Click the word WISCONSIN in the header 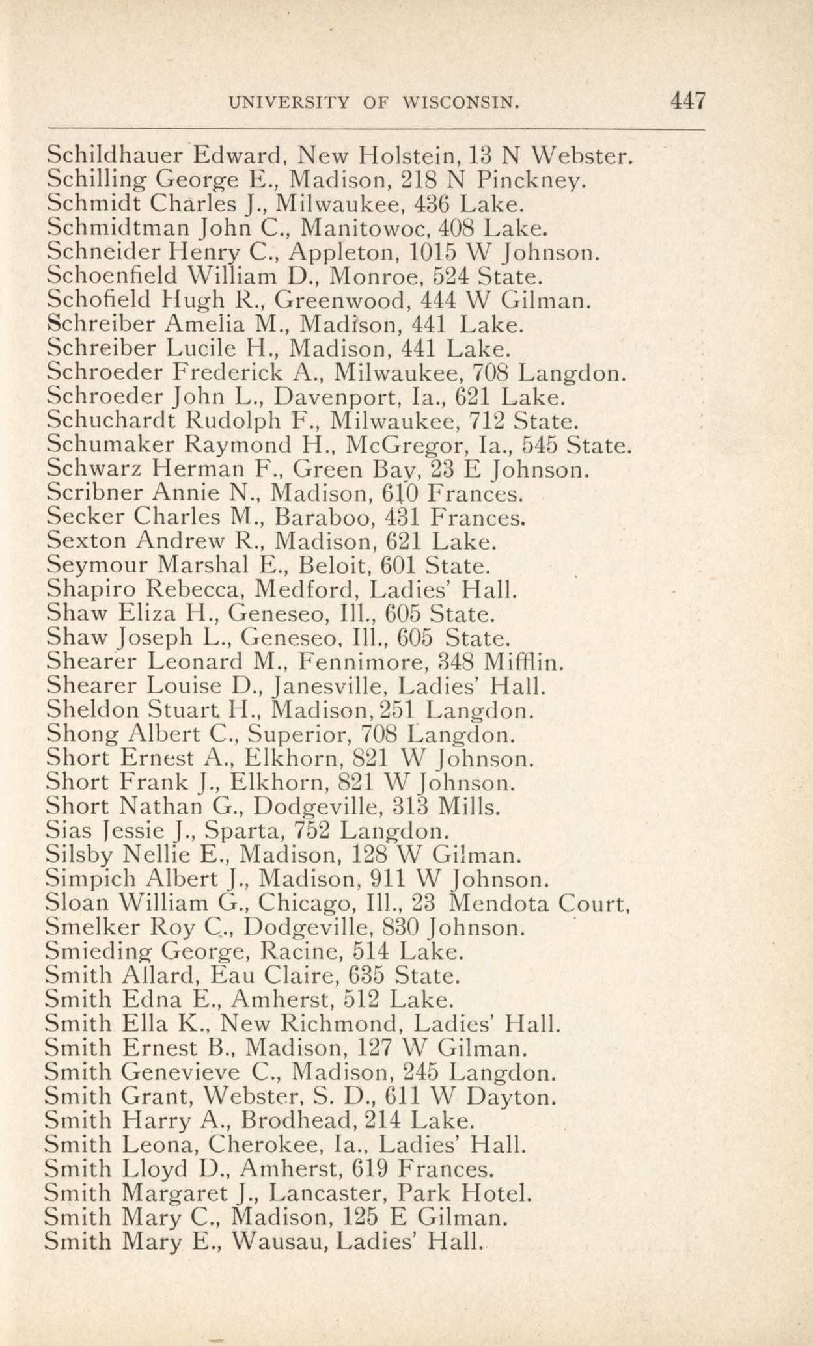point(460,103)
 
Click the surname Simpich point(92,880)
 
